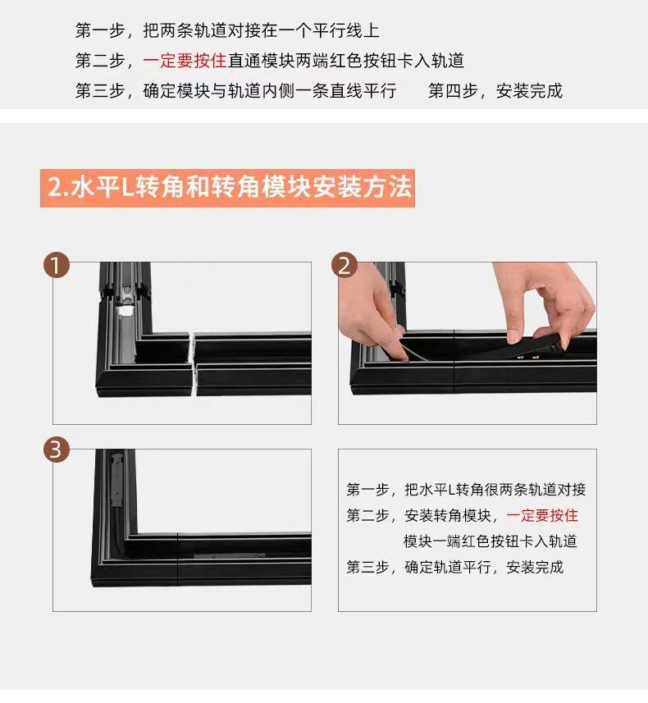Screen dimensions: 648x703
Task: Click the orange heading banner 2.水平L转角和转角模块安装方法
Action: [x=227, y=188]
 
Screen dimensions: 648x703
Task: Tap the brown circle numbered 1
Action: [x=57, y=265]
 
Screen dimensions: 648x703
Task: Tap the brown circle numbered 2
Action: [x=344, y=265]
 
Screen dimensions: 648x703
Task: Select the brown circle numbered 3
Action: [x=57, y=450]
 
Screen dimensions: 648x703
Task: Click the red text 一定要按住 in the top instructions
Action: [x=185, y=61]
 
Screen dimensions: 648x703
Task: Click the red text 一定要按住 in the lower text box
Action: [x=542, y=516]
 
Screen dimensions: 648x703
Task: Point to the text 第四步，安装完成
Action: [x=495, y=90]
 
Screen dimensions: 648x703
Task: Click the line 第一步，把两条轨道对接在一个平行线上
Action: [x=227, y=30]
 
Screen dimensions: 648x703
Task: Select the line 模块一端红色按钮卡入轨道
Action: [x=491, y=541]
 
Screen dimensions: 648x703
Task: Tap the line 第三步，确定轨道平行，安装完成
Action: [x=455, y=567]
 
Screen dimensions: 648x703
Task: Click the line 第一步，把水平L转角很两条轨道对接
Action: [x=467, y=490]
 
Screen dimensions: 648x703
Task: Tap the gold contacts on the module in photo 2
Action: [x=527, y=358]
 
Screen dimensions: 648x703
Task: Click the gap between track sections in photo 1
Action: [x=194, y=364]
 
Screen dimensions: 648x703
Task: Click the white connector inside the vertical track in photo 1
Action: [x=125, y=310]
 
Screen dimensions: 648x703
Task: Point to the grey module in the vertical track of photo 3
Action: [x=117, y=481]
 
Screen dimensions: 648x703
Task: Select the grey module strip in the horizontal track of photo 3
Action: [x=229, y=556]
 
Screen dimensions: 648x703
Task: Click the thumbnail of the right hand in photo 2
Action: [x=515, y=336]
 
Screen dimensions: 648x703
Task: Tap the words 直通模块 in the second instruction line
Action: [x=261, y=61]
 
